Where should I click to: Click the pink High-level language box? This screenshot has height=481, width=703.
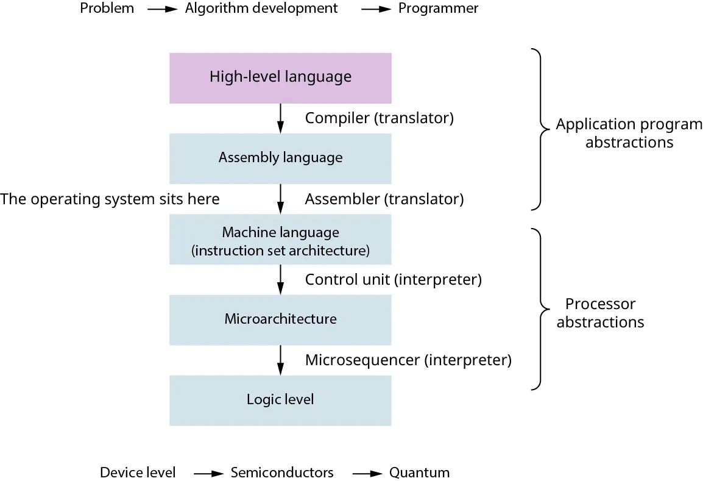(x=280, y=77)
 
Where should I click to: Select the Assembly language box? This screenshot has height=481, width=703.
(x=280, y=158)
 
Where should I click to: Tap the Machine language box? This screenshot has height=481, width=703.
(x=280, y=241)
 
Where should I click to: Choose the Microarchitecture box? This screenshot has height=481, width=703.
(x=280, y=319)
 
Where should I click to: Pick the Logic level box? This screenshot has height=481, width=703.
(x=280, y=400)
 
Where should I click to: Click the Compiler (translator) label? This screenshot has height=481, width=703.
(x=379, y=118)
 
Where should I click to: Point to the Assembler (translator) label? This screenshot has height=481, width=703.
(x=384, y=199)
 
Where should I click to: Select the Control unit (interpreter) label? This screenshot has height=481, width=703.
(x=393, y=280)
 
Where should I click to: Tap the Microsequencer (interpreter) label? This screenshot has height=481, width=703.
(x=408, y=360)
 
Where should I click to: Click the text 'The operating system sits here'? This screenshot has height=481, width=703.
(x=110, y=199)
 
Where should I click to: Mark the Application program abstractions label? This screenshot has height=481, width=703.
(x=629, y=134)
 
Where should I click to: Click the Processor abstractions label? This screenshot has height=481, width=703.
(x=600, y=313)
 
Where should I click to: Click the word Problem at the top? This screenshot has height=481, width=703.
(x=107, y=9)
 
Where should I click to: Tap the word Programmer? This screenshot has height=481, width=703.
(x=438, y=9)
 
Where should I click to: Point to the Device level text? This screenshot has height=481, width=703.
(x=138, y=472)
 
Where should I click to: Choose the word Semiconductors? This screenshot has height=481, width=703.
(x=281, y=472)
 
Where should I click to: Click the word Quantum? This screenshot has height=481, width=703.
(x=419, y=472)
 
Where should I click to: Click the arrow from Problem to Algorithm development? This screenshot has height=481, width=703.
(x=158, y=10)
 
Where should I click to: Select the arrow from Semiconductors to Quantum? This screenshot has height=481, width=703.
(x=366, y=474)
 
